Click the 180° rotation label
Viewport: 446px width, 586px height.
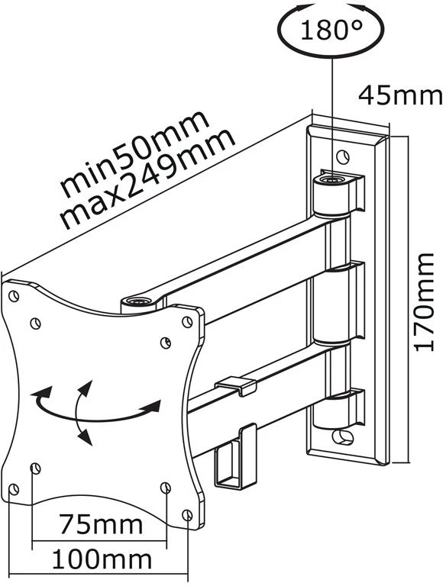click(331, 30)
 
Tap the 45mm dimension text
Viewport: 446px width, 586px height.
click(400, 95)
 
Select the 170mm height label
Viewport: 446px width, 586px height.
click(425, 302)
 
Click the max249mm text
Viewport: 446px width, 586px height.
click(148, 179)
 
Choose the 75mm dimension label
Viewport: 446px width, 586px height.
click(101, 524)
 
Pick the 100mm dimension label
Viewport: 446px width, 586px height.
click(102, 559)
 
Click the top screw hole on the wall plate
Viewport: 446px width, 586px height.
click(342, 156)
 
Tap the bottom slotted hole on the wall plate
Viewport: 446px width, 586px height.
click(344, 436)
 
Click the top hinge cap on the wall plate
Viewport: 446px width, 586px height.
click(332, 179)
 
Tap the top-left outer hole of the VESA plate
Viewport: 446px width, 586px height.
click(14, 296)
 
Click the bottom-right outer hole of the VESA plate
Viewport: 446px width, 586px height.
click(187, 515)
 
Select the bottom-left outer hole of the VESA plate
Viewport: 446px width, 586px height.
click(14, 489)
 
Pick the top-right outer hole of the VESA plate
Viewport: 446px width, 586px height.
click(187, 321)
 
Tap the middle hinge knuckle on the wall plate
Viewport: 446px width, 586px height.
click(332, 304)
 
